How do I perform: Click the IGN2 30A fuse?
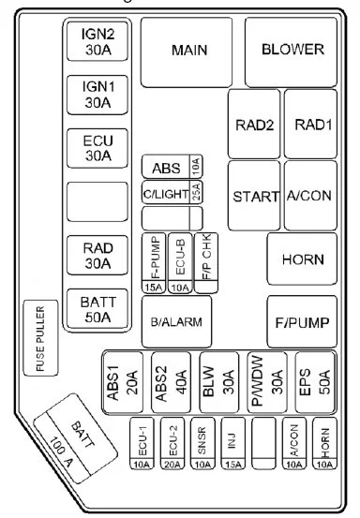pyautogui.click(x=97, y=41)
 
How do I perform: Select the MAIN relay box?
pyautogui.click(x=187, y=52)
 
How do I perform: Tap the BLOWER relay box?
pyautogui.click(x=292, y=52)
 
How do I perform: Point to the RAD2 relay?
pyautogui.click(x=254, y=124)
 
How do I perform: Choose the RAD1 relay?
pyautogui.click(x=310, y=124)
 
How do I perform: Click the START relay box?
pyautogui.click(x=254, y=196)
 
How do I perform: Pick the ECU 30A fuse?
pyautogui.click(x=97, y=148)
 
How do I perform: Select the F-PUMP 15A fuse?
pyautogui.click(x=154, y=263)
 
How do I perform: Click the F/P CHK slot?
pyautogui.click(x=206, y=263)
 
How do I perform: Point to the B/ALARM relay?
pyautogui.click(x=177, y=321)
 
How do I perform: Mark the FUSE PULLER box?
pyautogui.click(x=40, y=338)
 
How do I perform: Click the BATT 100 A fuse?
pyautogui.click(x=76, y=438)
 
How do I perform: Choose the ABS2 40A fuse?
pyautogui.click(x=172, y=382)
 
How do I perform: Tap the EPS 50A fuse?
pyautogui.click(x=315, y=382)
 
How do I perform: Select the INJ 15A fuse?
pyautogui.click(x=233, y=443)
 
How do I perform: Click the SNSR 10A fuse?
pyautogui.click(x=202, y=443)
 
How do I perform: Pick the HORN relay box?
pyautogui.click(x=302, y=259)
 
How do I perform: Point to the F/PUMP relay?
pyautogui.click(x=302, y=321)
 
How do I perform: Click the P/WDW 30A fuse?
pyautogui.click(x=267, y=382)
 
